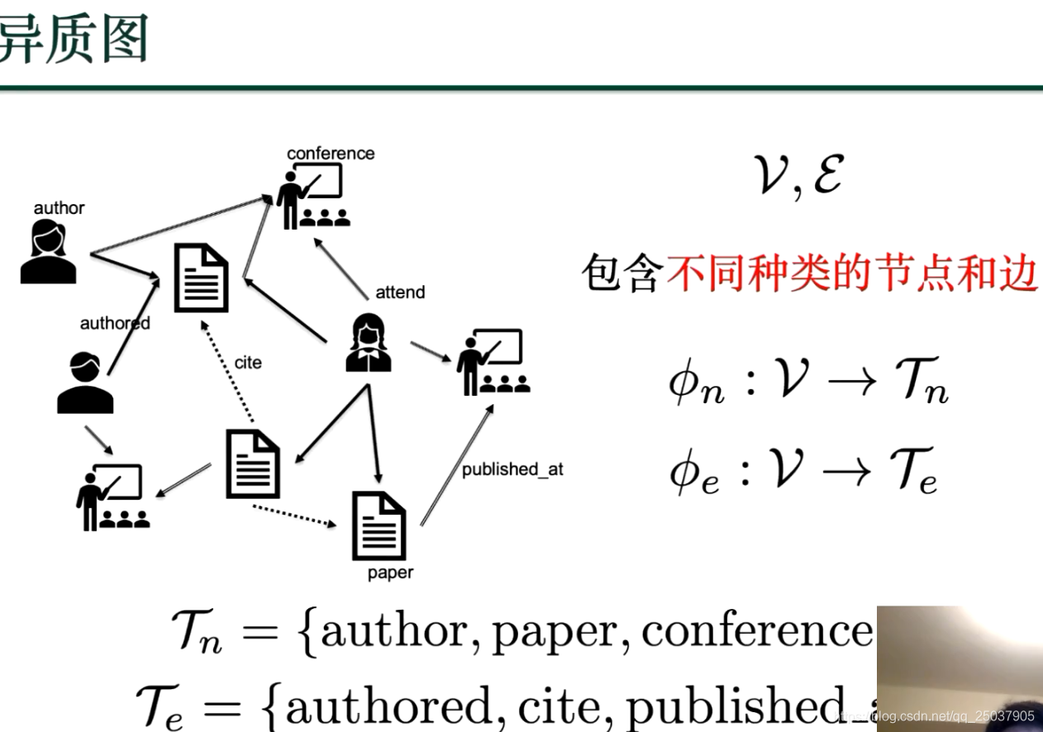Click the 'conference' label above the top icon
331,154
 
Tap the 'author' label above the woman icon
59,208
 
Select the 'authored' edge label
115,323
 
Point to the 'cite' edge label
248,363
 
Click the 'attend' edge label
400,292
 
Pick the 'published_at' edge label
512,469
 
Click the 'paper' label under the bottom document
390,573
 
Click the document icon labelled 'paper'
379,525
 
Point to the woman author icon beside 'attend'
369,343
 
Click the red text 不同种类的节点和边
851,273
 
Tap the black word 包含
622,273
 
